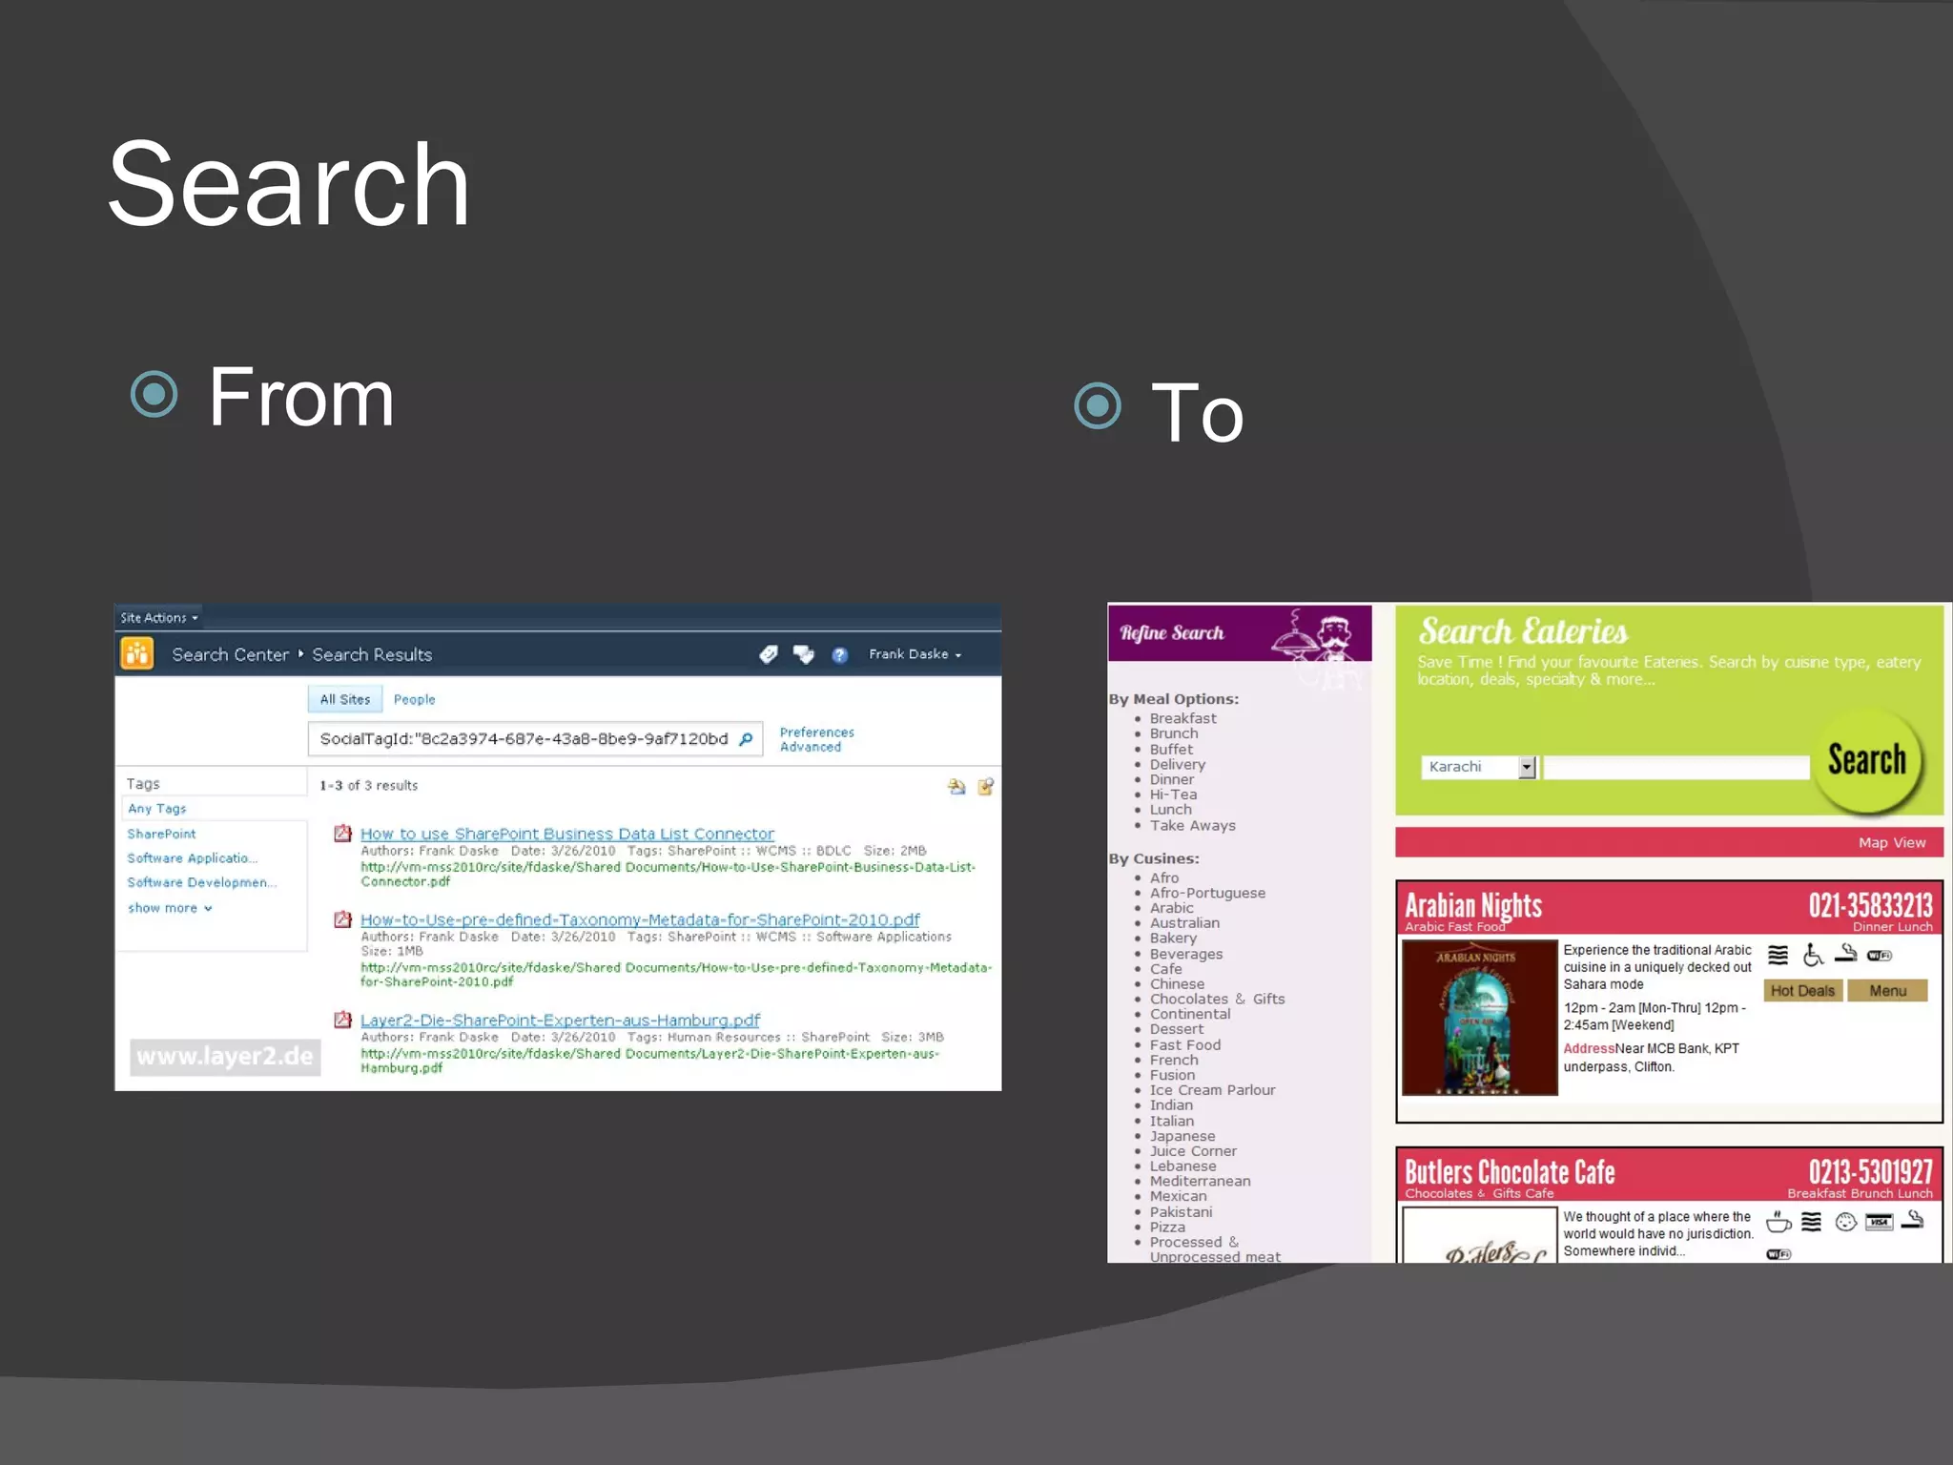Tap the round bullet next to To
point(1098,406)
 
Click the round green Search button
point(1866,761)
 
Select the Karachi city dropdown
point(1478,767)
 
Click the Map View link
point(1891,842)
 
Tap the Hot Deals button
point(1801,991)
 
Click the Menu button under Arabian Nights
point(1887,991)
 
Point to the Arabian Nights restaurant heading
point(1472,904)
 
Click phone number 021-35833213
point(1870,904)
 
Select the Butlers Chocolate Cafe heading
point(1509,1171)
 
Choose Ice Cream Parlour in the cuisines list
point(1211,1090)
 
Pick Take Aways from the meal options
point(1192,826)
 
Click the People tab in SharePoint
point(414,699)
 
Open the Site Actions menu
point(158,618)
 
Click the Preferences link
point(816,732)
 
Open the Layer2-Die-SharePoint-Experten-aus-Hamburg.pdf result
point(560,1021)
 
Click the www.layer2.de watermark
point(224,1057)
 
